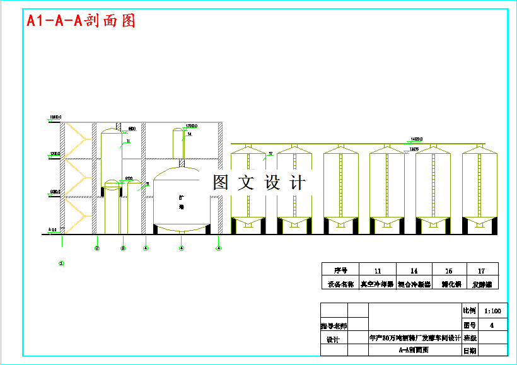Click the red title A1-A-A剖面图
pyautogui.click(x=81, y=21)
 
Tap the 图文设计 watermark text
pyautogui.click(x=259, y=183)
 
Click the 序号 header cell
pyautogui.click(x=340, y=269)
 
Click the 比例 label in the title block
pyautogui.click(x=470, y=311)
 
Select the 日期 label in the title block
pyautogui.click(x=470, y=351)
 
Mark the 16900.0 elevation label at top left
pyautogui.click(x=55, y=117)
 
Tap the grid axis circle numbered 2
pyautogui.click(x=97, y=248)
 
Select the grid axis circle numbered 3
pyautogui.click(x=123, y=248)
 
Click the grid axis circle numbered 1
pyautogui.click(x=61, y=263)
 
